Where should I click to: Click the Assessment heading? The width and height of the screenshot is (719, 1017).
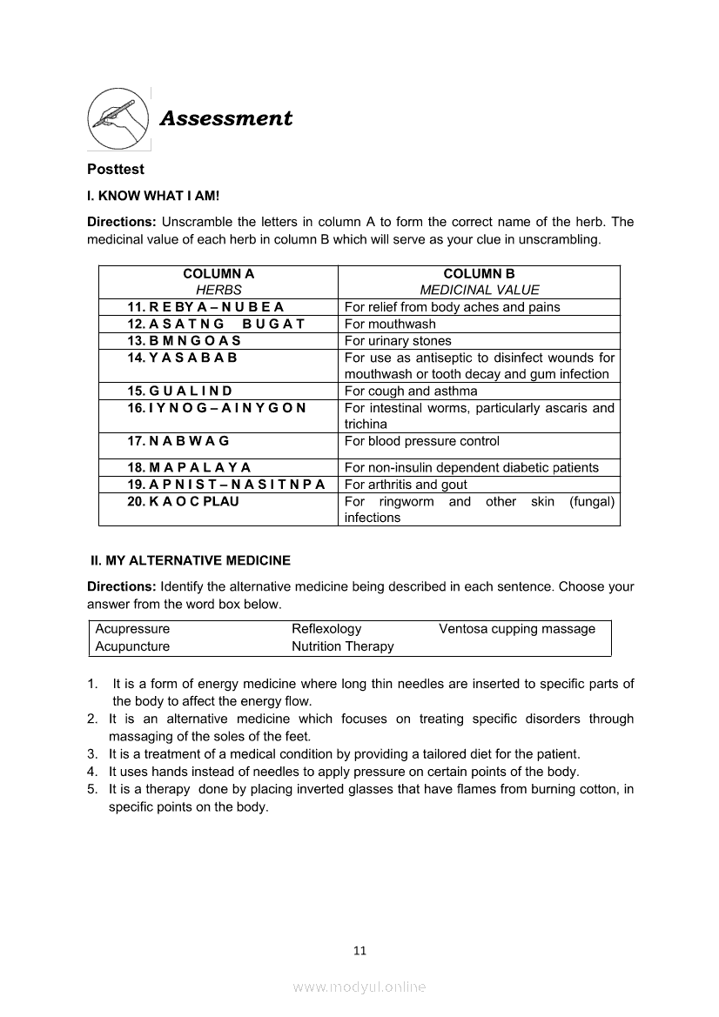click(225, 118)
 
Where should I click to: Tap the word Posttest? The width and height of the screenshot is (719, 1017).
click(116, 169)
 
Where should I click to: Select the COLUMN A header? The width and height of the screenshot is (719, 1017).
click(218, 273)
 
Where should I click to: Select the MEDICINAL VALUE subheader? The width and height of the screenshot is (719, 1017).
click(480, 290)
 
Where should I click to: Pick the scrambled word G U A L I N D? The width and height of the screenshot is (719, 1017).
click(179, 391)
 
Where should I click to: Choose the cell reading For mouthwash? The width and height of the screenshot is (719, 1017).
click(390, 324)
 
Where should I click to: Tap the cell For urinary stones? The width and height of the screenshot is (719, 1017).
click(398, 340)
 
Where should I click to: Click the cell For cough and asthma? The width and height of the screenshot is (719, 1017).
click(411, 391)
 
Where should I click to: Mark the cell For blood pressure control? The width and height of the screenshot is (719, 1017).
click(422, 441)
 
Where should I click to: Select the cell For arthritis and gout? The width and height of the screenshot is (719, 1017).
click(406, 485)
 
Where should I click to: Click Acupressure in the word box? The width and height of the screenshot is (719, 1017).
click(132, 628)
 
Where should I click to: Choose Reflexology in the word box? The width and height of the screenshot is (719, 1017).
click(326, 628)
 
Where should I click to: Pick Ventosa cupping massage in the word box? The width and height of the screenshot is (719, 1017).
click(517, 628)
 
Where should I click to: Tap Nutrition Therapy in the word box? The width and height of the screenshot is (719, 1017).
click(342, 646)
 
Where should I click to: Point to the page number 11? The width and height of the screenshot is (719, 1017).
click(359, 950)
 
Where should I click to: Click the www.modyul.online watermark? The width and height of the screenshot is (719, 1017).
click(359, 987)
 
